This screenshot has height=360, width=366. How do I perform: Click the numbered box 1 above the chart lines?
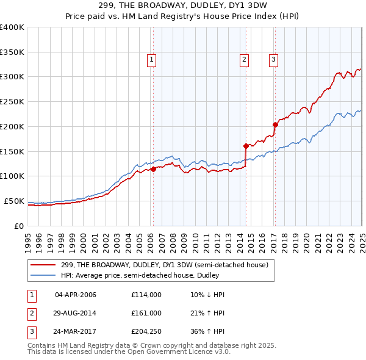[151, 59]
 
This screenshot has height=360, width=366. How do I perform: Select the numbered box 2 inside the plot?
[244, 59]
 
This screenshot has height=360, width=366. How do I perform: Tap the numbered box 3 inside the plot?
[274, 59]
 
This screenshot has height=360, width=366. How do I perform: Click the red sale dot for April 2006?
[153, 170]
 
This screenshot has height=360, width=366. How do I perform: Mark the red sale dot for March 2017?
[275, 124]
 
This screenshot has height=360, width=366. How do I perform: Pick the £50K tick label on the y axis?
[14, 201]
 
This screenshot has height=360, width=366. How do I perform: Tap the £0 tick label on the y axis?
[19, 226]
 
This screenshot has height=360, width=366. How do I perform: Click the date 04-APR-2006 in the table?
[75, 295]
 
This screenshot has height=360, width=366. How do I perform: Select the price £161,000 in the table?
[146, 313]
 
